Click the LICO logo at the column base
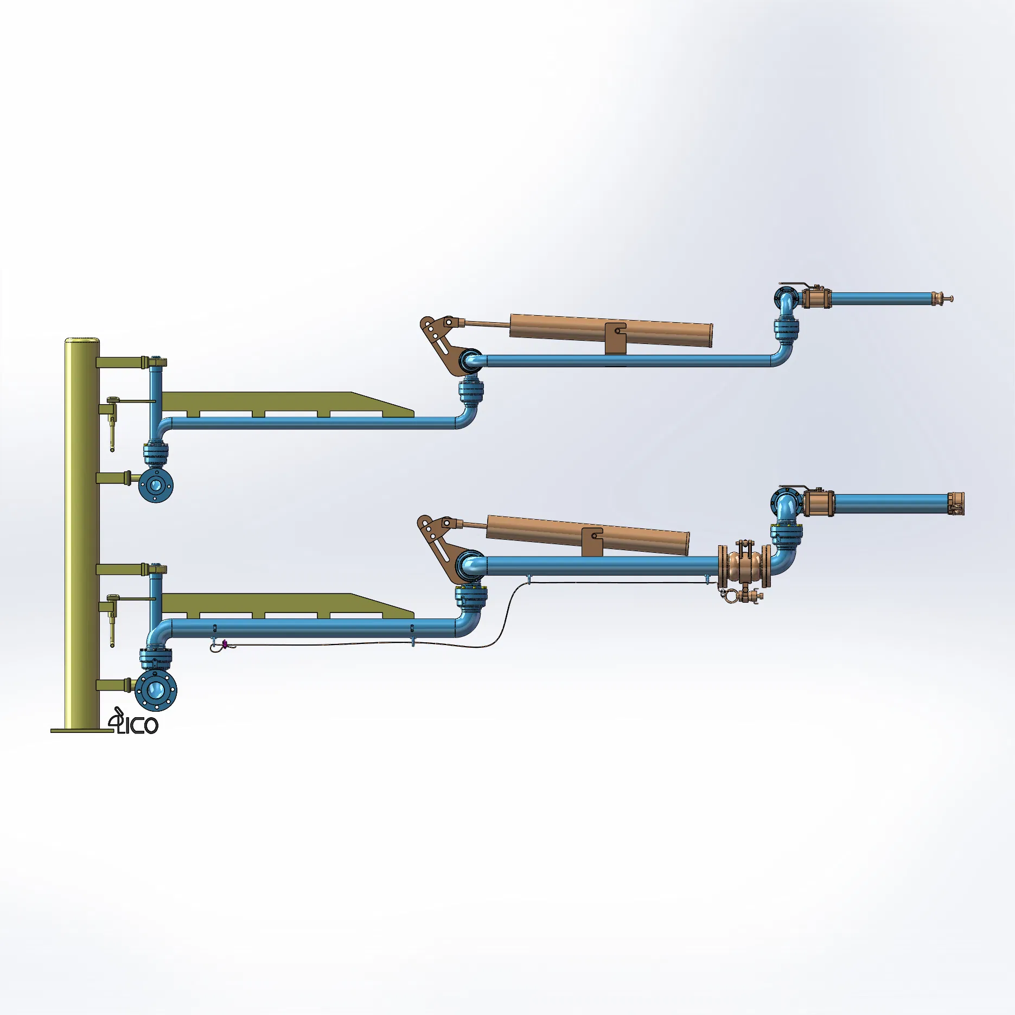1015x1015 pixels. (134, 723)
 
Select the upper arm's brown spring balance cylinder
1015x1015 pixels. (611, 329)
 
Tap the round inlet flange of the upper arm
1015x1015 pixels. (156, 485)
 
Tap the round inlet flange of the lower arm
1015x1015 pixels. (156, 690)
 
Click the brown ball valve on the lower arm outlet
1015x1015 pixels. (818, 503)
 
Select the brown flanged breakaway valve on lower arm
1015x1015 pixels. (744, 566)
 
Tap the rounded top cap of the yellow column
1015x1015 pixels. (82, 341)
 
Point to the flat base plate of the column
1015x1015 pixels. (81, 731)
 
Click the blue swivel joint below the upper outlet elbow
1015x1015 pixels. (786, 330)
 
